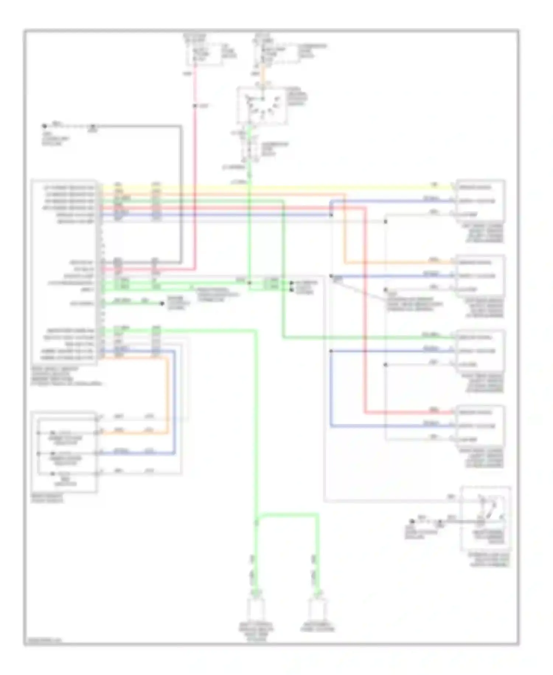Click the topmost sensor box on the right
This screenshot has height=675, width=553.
pos(480,201)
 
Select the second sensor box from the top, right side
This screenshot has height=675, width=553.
pos(480,276)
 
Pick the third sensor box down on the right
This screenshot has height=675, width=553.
pos(480,351)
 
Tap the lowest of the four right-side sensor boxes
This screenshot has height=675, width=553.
pos(480,426)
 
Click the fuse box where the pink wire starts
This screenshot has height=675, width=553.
pos(204,54)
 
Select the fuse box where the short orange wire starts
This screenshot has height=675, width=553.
pos(276,54)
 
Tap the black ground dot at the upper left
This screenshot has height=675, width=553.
pos(44,126)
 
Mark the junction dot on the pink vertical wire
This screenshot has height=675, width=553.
pos(195,106)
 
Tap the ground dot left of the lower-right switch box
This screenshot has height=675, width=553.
pos(412,522)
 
